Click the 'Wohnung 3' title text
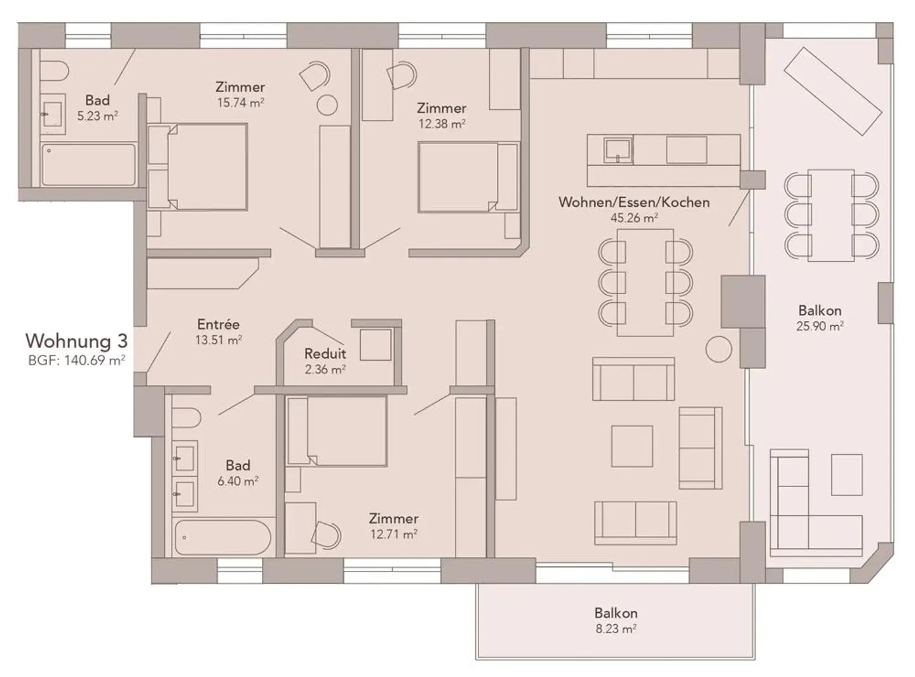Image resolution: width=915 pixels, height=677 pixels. pos(76,341)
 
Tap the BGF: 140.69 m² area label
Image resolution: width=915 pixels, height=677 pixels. pos(76,361)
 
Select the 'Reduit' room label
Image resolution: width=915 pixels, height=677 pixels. pos(325,354)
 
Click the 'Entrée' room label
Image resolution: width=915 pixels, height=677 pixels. pos(218,325)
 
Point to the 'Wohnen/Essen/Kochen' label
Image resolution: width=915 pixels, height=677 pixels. pos(634,203)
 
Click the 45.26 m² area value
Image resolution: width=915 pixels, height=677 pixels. pos(634,218)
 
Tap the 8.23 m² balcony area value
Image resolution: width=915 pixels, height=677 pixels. pos(616,629)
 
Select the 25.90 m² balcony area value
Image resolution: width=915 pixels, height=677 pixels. pos(820,326)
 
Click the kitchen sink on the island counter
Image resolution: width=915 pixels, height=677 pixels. pos(617,150)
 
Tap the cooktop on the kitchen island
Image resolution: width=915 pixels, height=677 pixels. pos(686,151)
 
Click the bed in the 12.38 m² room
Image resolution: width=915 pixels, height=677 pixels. pos(464,177)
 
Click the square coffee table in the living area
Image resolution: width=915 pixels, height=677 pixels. pos(632,446)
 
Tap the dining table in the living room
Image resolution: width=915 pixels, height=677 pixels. pos(645,283)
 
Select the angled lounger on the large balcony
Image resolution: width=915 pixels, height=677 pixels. pos(832,91)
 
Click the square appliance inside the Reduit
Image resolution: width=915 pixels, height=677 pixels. pos(376,345)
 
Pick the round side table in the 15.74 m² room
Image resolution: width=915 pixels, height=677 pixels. pos(327,105)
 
